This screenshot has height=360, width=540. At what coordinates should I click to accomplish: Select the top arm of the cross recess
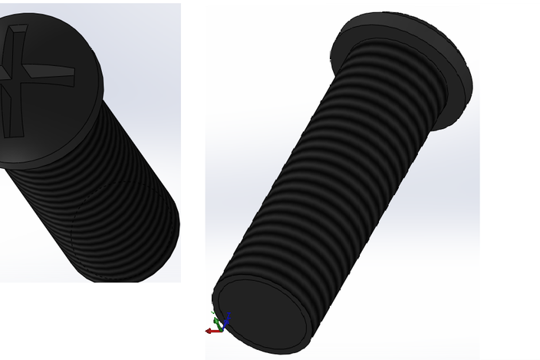17,35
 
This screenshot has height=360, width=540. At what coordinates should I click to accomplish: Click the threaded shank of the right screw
337,177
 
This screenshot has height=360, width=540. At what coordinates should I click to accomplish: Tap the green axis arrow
216,319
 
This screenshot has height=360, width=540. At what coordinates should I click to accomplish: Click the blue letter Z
229,315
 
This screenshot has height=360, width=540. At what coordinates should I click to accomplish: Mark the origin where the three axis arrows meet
222,329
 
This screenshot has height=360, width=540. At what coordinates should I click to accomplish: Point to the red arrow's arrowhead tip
207,331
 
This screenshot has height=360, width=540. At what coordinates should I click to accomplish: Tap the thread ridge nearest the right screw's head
399,58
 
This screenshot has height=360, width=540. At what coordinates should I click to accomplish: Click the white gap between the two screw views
193,154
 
